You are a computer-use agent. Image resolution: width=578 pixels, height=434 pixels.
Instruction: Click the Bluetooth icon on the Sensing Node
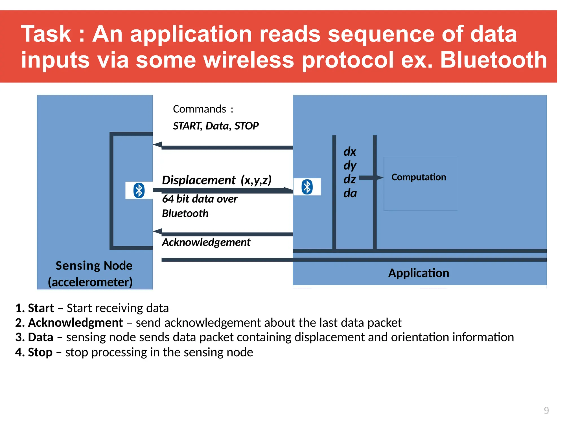coord(139,190)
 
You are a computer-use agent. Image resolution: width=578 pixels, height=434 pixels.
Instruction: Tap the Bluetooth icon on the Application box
coord(307,187)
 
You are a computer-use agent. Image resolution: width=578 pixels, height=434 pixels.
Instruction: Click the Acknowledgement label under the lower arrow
coord(206,242)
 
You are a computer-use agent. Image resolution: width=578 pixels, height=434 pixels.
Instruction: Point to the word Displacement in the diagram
coord(199,180)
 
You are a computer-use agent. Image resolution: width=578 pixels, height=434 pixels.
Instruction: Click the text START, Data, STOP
coord(216,126)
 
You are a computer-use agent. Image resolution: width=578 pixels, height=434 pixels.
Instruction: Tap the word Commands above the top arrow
coord(200,109)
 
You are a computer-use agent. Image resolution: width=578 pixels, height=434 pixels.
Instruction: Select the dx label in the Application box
coord(350,152)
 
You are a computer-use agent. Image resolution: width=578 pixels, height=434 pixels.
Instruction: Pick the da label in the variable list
coord(350,194)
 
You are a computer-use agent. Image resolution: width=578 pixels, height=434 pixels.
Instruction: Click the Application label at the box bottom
coord(419,273)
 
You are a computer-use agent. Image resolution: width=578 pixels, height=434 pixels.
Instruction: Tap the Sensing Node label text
coord(94,266)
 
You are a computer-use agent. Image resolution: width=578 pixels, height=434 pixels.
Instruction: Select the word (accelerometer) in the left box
coord(90,282)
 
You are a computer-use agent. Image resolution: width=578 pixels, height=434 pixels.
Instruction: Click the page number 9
coord(546,410)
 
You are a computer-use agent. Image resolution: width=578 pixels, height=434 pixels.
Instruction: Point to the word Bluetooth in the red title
coord(493,60)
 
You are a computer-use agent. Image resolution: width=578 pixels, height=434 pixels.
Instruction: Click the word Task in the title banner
coord(46,34)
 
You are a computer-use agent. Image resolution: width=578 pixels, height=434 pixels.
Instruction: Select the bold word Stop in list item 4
coord(40,352)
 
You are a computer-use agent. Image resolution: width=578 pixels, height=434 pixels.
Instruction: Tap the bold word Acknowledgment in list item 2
coord(75,323)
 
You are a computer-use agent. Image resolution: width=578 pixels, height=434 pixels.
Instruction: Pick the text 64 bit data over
coord(200,199)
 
